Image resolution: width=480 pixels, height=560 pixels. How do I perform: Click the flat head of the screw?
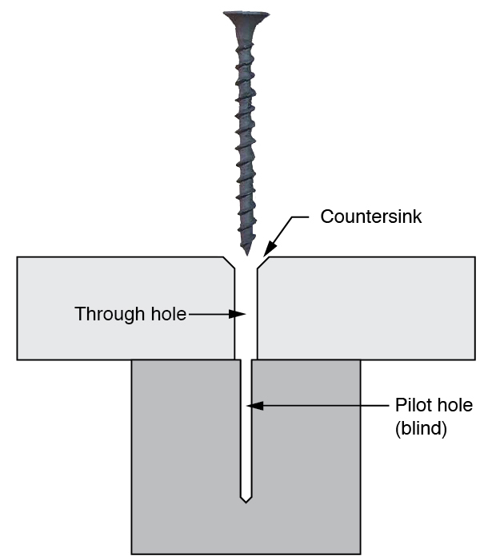[246, 16]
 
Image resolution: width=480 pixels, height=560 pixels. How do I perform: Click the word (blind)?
[421, 428]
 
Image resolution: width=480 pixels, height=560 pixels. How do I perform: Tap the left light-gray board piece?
[120, 308]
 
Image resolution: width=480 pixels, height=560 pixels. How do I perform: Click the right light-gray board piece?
[368, 308]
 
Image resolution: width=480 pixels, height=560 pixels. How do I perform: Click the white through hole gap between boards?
[246, 336]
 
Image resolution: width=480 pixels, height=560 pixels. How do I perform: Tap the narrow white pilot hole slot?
[246, 447]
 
